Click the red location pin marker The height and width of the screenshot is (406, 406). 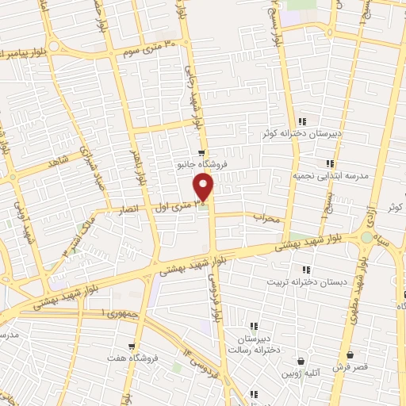204,188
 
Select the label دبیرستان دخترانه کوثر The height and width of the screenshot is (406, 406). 303,134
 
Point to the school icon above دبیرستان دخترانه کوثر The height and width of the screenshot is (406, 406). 302,121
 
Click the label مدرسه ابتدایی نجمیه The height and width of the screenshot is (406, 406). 329,176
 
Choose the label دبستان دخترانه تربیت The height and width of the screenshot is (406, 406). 296,282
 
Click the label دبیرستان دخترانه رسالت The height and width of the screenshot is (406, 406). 255,346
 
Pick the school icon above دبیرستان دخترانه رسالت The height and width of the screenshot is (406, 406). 255,326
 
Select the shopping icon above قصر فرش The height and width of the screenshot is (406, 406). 350,354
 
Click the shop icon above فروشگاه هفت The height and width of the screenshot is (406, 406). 132,347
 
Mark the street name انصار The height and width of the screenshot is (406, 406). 128,211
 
